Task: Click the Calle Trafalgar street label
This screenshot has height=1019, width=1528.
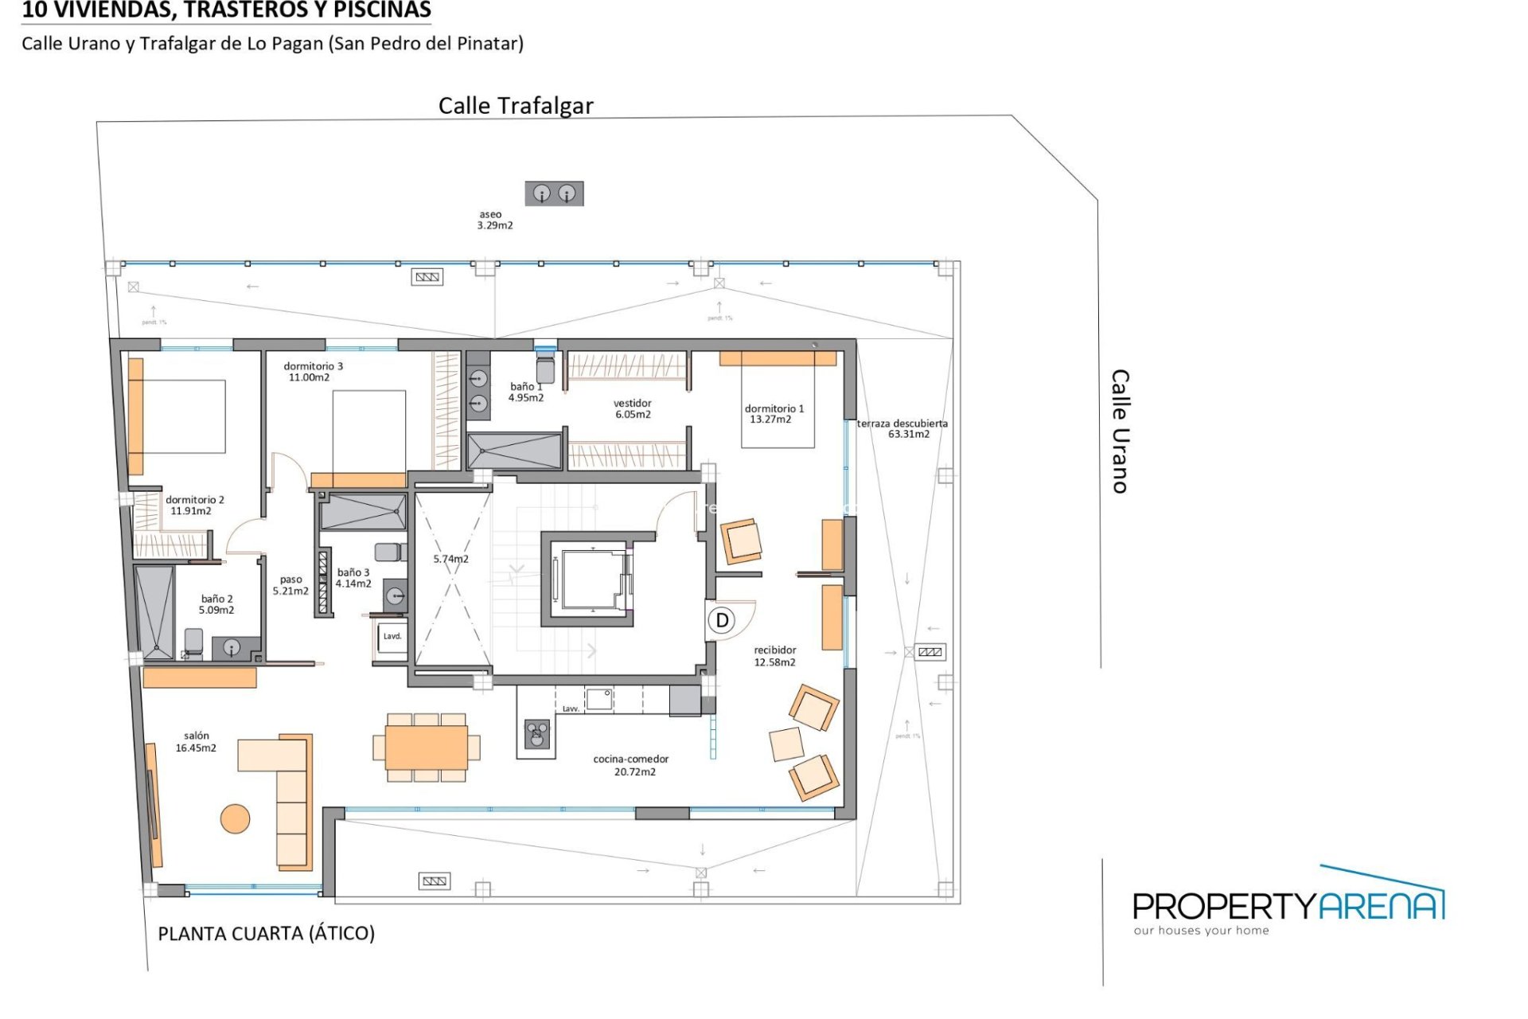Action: [516, 106]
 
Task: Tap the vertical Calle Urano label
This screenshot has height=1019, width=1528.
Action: [1120, 431]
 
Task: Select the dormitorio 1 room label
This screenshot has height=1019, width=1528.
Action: [774, 413]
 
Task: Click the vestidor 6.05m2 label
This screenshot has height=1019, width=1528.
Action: [633, 408]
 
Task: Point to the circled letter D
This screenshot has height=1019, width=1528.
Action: [722, 620]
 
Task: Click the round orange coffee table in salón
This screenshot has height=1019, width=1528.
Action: [235, 818]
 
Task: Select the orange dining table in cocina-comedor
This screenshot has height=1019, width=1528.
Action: [426, 748]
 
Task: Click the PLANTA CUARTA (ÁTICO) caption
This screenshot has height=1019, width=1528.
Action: [266, 933]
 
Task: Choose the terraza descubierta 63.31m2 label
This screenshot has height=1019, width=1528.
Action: [903, 428]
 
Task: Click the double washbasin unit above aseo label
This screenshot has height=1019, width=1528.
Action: [554, 193]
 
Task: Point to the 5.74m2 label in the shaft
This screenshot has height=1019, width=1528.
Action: [450, 559]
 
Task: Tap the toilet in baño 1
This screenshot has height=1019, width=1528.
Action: [545, 369]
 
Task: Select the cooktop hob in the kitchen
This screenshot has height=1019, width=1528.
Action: [537, 733]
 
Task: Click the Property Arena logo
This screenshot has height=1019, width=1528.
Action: [1288, 904]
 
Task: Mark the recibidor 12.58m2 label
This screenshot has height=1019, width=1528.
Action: [774, 656]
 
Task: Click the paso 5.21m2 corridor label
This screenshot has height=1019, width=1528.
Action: [290, 585]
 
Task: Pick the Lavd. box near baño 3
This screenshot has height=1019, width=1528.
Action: [392, 637]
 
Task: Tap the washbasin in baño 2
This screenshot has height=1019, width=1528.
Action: [232, 648]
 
